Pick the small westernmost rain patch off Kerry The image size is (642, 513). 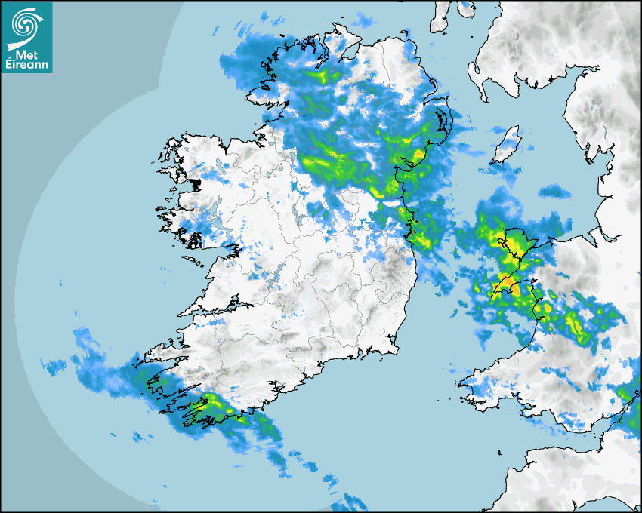(54, 367)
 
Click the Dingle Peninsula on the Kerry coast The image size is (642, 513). (162, 350)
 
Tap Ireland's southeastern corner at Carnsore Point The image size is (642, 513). (397, 348)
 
